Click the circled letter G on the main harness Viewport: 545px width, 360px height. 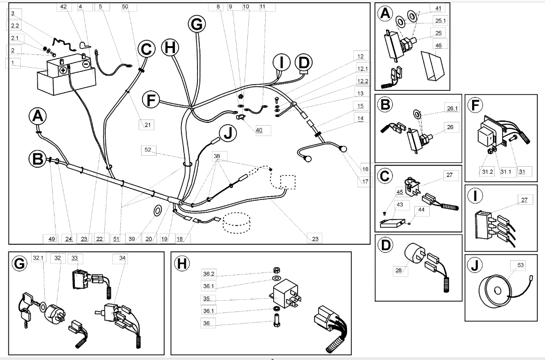(x=197, y=24)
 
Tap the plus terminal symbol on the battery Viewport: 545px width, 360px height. (x=63, y=71)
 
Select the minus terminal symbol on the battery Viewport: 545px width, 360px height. (x=86, y=64)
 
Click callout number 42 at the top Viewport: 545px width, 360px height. (x=63, y=7)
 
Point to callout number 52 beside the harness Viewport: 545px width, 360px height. (x=148, y=150)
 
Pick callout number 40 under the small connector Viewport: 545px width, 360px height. (x=259, y=130)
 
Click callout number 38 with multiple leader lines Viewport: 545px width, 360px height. (x=217, y=156)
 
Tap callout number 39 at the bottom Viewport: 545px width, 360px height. (x=132, y=239)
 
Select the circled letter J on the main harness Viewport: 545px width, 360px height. (x=228, y=134)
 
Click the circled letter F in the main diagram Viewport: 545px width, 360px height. (x=150, y=100)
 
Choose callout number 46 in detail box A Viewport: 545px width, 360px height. (x=439, y=46)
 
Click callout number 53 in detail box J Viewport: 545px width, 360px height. (x=521, y=265)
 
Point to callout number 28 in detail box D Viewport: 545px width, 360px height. (x=399, y=270)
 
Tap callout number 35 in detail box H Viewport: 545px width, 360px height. (x=206, y=299)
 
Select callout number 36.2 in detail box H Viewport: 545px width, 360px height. (x=208, y=274)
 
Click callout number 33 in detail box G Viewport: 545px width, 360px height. (x=75, y=258)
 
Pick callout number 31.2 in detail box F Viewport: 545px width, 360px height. (x=488, y=172)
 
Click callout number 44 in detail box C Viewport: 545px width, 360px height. (x=421, y=210)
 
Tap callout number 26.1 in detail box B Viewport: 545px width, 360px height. (x=452, y=109)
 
